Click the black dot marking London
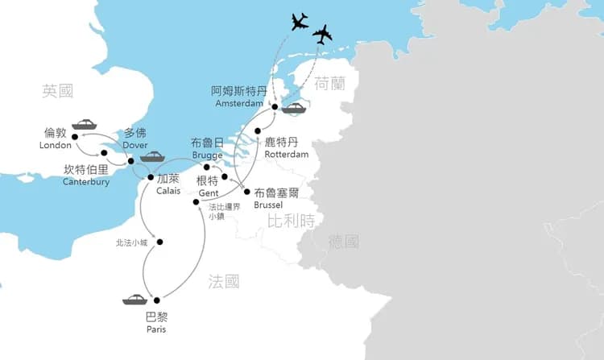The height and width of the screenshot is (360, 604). tap(75, 138)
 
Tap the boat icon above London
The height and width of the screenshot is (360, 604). tap(85, 125)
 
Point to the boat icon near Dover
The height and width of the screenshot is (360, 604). tap(153, 156)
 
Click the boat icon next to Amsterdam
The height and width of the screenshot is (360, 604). tap(293, 109)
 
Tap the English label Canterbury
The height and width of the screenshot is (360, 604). tap(85, 182)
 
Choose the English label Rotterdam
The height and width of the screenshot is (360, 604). tap(287, 154)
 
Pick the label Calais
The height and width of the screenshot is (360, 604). tap(169, 191)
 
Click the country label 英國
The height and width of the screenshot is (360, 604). tap(58, 92)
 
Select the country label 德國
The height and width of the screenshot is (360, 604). tap(344, 242)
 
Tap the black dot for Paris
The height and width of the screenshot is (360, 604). tap(156, 299)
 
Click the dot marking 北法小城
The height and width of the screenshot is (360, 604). tap(160, 242)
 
